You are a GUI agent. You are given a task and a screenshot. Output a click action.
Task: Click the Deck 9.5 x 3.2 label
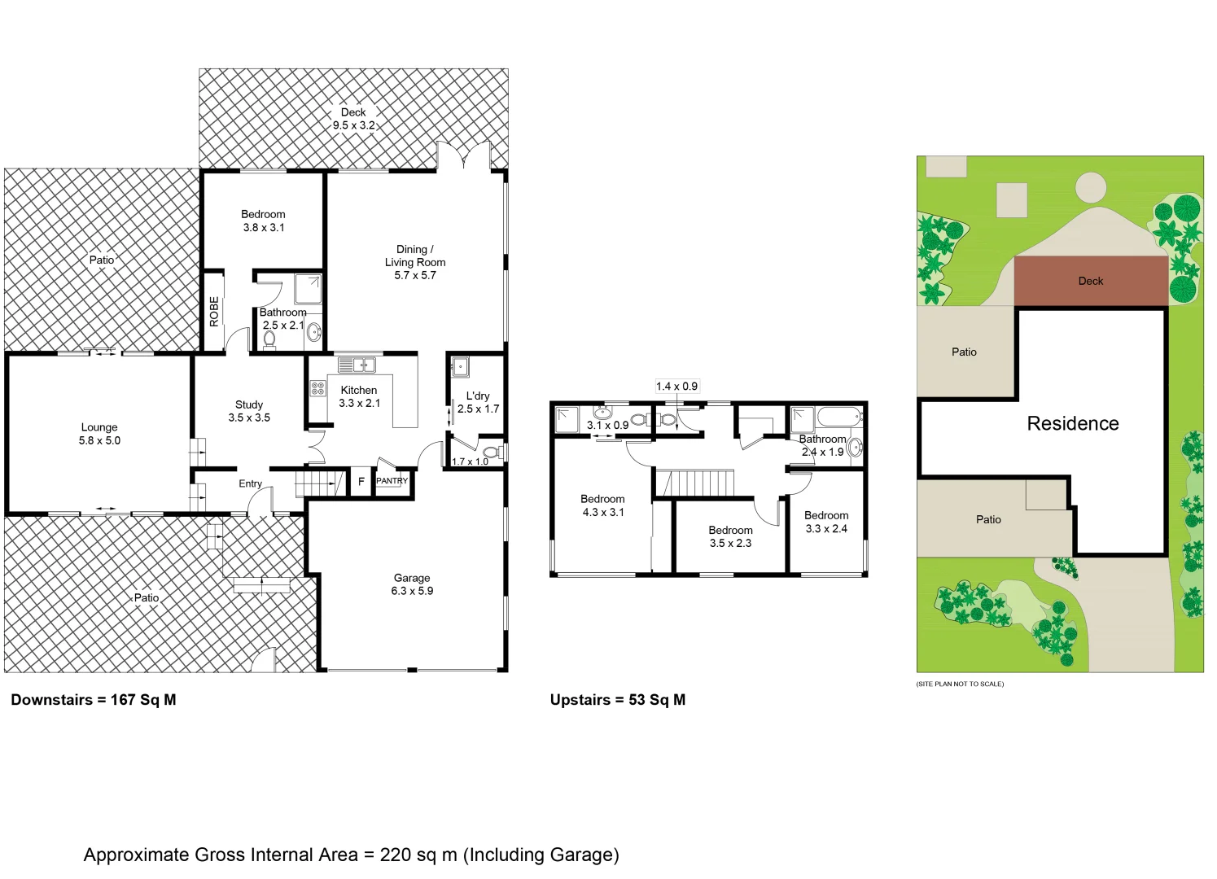[353, 119]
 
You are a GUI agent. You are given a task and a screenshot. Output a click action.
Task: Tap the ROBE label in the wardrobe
[214, 311]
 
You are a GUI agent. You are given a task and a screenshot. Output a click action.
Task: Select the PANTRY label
[392, 481]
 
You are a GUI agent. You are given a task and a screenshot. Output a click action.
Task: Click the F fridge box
[361, 482]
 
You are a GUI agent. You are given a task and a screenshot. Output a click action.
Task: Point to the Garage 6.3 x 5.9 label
[412, 584]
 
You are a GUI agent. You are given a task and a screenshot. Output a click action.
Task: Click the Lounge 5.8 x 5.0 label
[99, 434]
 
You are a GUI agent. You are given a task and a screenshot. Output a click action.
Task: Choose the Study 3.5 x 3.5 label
[249, 411]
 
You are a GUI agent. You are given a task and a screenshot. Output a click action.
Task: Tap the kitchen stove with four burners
[317, 388]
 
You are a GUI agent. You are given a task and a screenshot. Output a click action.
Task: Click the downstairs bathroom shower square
[308, 289]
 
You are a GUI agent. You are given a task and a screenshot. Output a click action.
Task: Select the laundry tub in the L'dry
[460, 367]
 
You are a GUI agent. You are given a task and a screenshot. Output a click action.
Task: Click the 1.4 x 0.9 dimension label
[676, 387]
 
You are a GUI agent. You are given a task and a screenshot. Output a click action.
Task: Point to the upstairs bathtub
[838, 418]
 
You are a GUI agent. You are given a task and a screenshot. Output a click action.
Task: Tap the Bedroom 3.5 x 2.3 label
[730, 536]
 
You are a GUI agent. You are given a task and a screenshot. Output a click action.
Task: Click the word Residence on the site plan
[1072, 424]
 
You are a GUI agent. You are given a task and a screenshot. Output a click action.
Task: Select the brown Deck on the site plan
[1090, 281]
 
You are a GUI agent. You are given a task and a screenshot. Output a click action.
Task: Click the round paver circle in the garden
[1090, 188]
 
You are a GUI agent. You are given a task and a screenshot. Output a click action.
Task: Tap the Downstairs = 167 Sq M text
[94, 700]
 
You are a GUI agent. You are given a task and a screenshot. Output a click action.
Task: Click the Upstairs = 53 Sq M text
[617, 700]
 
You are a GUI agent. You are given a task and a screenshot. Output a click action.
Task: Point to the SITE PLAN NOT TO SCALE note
[960, 684]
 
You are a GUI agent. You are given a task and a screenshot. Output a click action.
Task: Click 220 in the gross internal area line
[396, 855]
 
